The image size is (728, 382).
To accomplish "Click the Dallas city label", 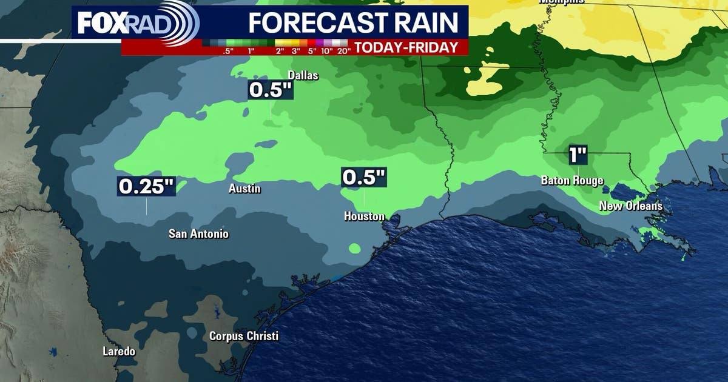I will pyautogui.click(x=303, y=75).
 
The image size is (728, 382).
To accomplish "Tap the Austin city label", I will pyautogui.click(x=244, y=189).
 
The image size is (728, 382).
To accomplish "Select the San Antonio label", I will pyautogui.click(x=198, y=233).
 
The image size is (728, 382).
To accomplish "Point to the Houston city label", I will pyautogui.click(x=364, y=216).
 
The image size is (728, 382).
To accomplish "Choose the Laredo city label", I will pyautogui.click(x=119, y=351).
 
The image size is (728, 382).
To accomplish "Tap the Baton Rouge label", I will pyautogui.click(x=572, y=181).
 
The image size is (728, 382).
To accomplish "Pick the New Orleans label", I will pyautogui.click(x=631, y=206).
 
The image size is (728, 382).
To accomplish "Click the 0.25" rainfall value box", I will pyautogui.click(x=146, y=187).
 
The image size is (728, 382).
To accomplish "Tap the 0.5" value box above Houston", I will pyautogui.click(x=364, y=177).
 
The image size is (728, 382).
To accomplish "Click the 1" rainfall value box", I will pyautogui.click(x=578, y=155).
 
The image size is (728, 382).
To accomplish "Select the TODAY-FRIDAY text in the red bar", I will pyautogui.click(x=406, y=48).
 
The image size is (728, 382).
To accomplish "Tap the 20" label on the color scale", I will pyautogui.click(x=344, y=51).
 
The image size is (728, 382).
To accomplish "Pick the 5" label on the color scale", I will pyautogui.click(x=312, y=51).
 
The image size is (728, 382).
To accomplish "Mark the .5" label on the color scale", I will pyautogui.click(x=228, y=51).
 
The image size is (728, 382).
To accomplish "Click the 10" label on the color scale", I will pyautogui.click(x=327, y=51).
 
